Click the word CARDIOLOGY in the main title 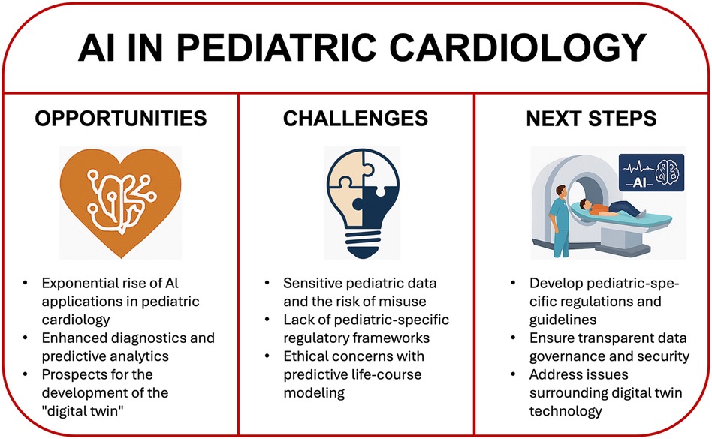(517, 47)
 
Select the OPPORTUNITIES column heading (121, 119)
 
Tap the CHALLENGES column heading (355, 119)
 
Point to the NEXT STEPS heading (591, 119)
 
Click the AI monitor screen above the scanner (652, 173)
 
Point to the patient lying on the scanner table (611, 208)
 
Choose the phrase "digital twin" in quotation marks (83, 411)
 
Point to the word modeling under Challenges (314, 392)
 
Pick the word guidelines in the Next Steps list (563, 320)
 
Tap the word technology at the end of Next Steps (566, 411)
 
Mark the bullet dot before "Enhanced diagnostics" (26, 338)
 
